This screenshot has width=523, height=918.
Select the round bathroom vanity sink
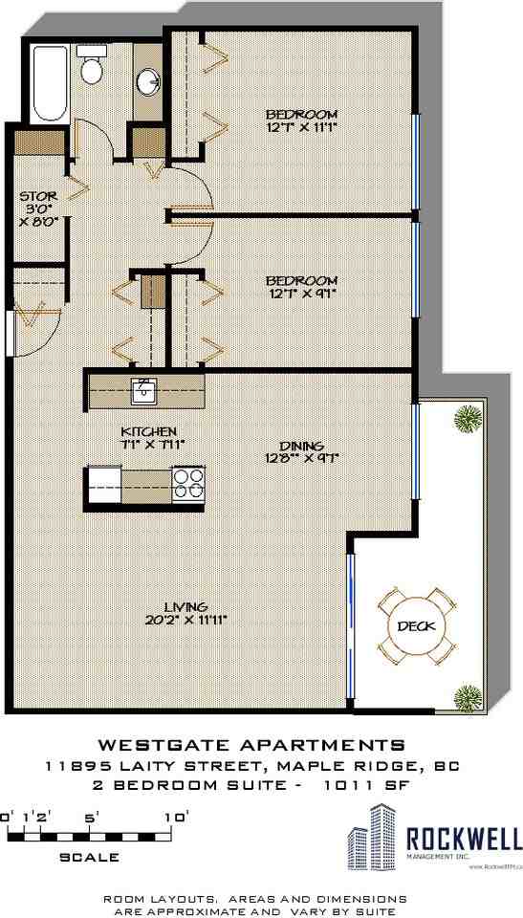tap(148, 81)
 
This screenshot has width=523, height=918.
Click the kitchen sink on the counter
tap(144, 389)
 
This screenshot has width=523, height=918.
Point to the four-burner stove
tap(187, 483)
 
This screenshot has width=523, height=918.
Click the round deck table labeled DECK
tap(414, 627)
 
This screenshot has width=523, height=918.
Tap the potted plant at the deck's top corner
tap(468, 418)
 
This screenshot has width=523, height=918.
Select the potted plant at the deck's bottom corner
tap(468, 696)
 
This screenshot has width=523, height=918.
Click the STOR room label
tap(38, 199)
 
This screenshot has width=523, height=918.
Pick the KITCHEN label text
tap(147, 431)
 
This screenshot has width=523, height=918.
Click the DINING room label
tap(301, 446)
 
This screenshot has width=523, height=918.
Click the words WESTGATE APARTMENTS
tap(252, 745)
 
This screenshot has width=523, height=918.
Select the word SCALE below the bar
tap(90, 857)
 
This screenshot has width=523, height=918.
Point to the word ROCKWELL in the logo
tap(465, 839)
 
